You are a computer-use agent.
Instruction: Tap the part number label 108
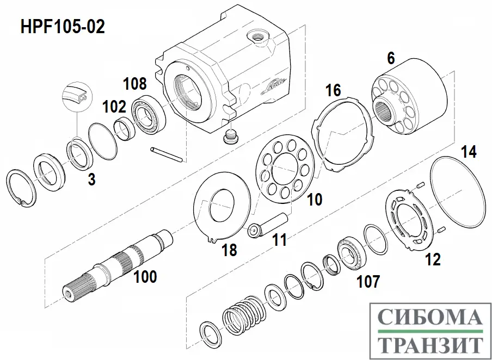click(134, 84)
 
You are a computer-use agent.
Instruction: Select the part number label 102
click(114, 107)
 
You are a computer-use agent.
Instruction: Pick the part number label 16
click(334, 91)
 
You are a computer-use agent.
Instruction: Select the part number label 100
click(145, 277)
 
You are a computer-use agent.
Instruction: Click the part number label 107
click(368, 281)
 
